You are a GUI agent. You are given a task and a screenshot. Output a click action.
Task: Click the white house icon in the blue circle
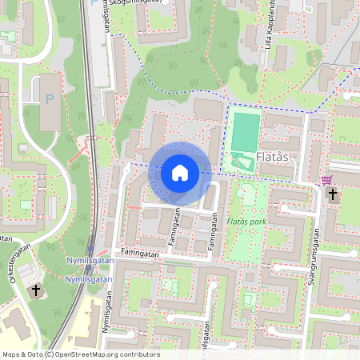click(180, 173)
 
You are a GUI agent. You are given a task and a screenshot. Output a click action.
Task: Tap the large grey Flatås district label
click(277, 158)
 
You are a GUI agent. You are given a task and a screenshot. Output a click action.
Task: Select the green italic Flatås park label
click(247, 221)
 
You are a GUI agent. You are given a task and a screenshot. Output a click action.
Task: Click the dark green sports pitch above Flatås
click(246, 130)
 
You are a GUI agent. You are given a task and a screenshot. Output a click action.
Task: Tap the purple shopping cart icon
click(326, 180)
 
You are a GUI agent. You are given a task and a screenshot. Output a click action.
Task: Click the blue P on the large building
click(50, 99)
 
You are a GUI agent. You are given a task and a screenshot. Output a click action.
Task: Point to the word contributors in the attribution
click(139, 354)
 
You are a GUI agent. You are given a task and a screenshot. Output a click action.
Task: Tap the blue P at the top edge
click(96, 2)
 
